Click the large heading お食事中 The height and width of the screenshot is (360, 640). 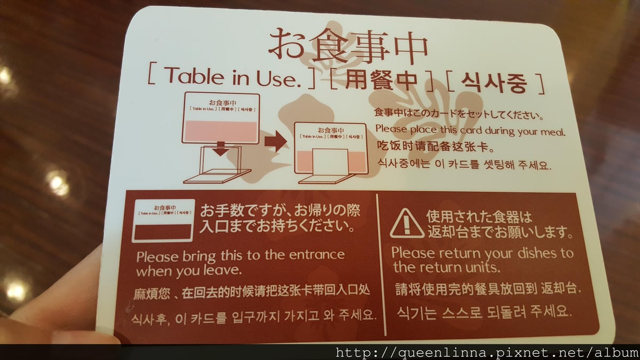tap(348, 46)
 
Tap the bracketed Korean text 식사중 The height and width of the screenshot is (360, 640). tap(494, 83)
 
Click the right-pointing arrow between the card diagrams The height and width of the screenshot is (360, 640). tap(276, 141)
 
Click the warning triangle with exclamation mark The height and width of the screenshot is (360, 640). tap(407, 223)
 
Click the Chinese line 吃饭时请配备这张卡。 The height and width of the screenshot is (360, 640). tap(435, 147)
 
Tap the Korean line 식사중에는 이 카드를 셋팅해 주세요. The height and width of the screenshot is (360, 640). tap(465, 165)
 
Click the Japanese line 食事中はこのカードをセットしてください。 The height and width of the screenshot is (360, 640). tap(459, 114)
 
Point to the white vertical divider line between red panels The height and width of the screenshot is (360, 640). tap(381, 265)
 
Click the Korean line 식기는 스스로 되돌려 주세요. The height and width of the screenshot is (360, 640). tap(484, 311)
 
